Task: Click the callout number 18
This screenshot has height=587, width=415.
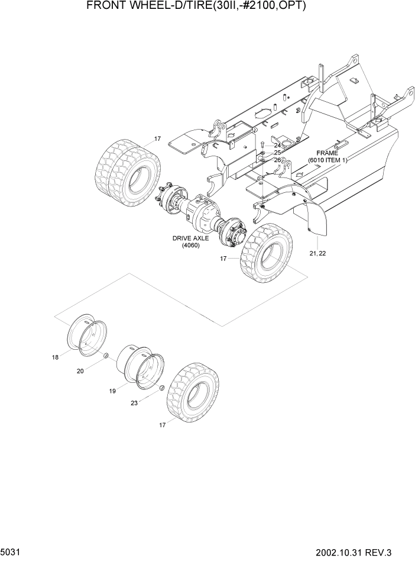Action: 55,357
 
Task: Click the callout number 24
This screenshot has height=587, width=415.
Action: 277,145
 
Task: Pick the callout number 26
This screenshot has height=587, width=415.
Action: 277,160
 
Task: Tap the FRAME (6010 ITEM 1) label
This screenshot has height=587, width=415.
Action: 328,156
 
